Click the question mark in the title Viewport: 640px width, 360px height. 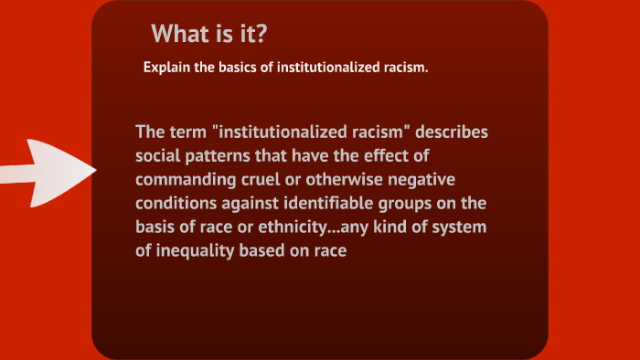pyautogui.click(x=261, y=35)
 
